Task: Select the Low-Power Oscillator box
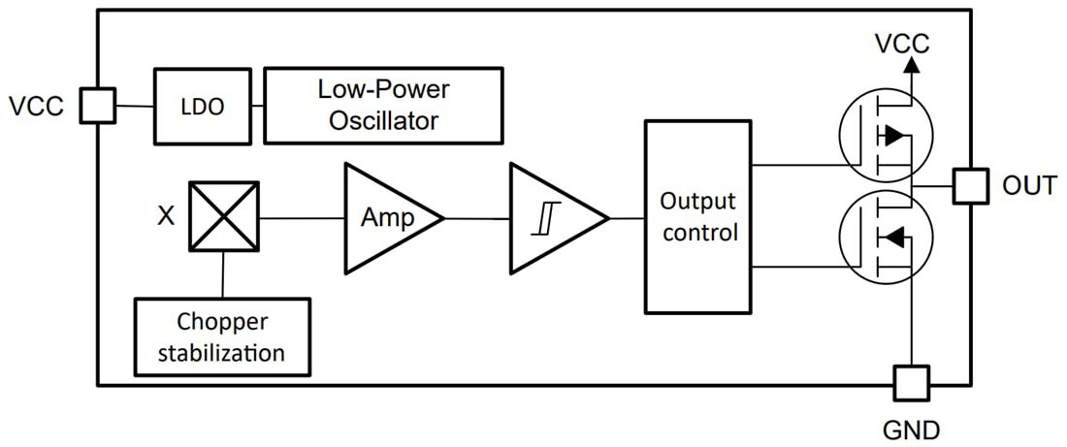[x=383, y=106]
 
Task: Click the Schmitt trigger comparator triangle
[x=553, y=218]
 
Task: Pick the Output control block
[x=698, y=217]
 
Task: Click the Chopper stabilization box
[x=222, y=336]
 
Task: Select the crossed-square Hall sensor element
[x=223, y=217]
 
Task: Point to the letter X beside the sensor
[x=166, y=216]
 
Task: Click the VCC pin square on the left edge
[x=97, y=106]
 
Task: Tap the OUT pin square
[x=970, y=185]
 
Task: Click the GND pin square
[x=911, y=383]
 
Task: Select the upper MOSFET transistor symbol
[x=884, y=137]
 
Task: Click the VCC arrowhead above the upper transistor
[x=911, y=65]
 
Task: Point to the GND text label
[x=911, y=428]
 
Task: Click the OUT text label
[x=1029, y=185]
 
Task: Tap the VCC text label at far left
[x=36, y=106]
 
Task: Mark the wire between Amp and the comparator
[x=477, y=218]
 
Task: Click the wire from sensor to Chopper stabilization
[x=223, y=275]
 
